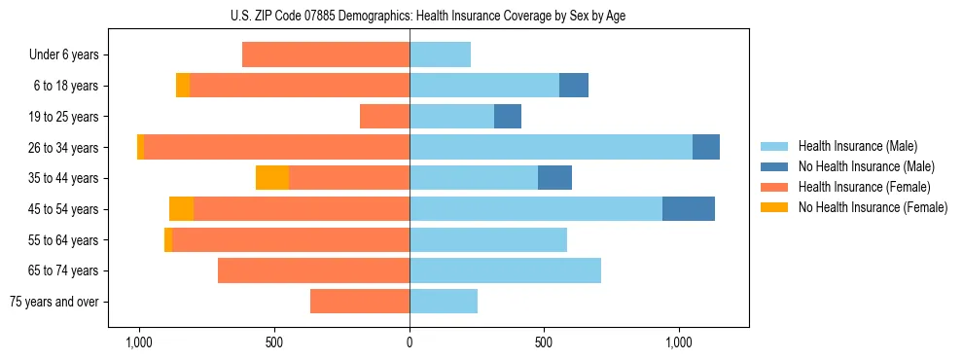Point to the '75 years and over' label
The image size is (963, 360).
pos(54,302)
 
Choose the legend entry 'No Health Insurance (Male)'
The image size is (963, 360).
pos(866,166)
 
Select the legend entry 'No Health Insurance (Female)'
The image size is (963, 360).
pos(873,207)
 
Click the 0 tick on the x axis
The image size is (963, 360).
pos(410,342)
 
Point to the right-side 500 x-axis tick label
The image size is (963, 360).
pos(544,342)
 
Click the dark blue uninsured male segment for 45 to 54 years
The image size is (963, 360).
pos(689,209)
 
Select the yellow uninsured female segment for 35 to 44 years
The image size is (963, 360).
pos(272,178)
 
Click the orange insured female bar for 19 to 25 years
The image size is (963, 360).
pos(384,117)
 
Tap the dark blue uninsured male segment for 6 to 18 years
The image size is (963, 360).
pos(574,86)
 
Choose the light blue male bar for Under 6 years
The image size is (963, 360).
pos(440,55)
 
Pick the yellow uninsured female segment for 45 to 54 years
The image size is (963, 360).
pos(181,209)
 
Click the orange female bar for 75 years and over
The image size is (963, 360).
pos(360,302)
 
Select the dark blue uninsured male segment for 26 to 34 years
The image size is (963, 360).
pos(706,148)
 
